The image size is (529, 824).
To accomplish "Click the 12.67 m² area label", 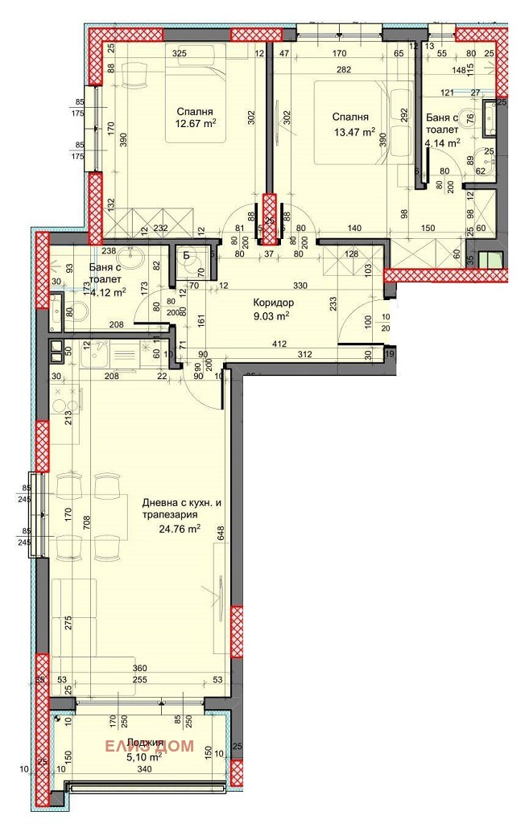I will tap(196, 124).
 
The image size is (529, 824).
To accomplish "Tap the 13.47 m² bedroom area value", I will tap(354, 131).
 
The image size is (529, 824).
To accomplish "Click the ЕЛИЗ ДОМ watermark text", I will tap(151, 746).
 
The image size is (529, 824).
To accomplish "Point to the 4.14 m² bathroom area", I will tap(442, 142).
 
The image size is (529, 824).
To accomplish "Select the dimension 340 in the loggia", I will tap(143, 768).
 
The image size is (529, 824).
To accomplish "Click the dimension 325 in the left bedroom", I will tap(180, 53).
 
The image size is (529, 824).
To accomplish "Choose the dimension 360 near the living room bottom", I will tap(141, 669).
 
